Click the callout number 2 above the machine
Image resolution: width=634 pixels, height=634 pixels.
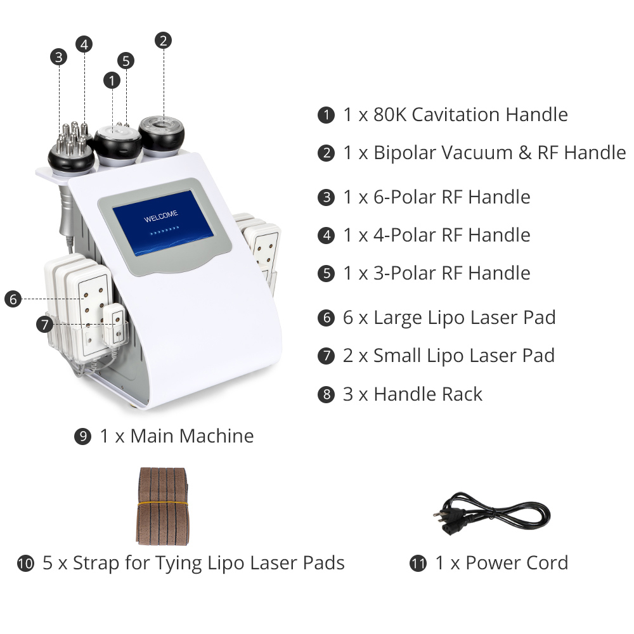(164, 41)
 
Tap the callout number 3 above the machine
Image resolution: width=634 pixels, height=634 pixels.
(59, 57)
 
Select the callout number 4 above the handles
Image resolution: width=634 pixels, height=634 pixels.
(84, 44)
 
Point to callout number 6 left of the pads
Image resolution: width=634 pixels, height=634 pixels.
(13, 299)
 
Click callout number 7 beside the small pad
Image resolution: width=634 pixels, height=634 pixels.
(44, 325)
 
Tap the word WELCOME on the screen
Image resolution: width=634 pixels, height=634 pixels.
(160, 219)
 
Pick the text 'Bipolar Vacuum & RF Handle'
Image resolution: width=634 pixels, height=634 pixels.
(499, 153)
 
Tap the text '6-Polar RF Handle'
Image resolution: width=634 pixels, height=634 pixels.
(451, 197)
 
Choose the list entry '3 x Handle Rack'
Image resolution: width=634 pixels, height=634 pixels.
(413, 394)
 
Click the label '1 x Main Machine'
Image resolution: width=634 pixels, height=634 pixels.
(176, 436)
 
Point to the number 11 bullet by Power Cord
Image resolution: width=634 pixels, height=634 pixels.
(418, 564)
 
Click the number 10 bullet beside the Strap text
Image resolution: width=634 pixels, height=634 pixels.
(25, 564)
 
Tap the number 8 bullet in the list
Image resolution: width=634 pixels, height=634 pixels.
(326, 394)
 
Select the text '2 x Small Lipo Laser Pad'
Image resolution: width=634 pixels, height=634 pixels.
(449, 356)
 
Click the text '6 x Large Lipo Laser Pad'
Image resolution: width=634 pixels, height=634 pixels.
(449, 318)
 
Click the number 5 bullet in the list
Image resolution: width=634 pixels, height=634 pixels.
(326, 274)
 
